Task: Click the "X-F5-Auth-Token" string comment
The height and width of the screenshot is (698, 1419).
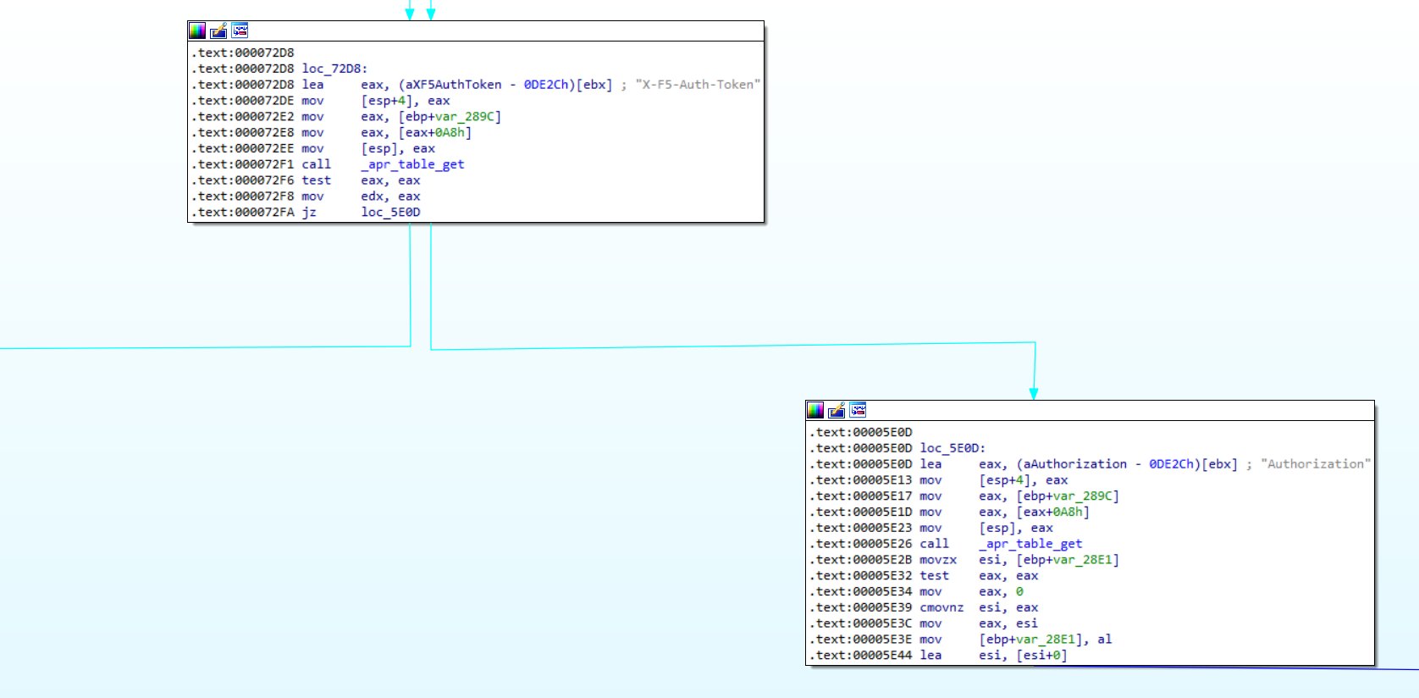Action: [698, 85]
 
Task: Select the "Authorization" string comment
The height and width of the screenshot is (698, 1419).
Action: [1315, 464]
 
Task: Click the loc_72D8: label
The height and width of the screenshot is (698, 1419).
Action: [334, 69]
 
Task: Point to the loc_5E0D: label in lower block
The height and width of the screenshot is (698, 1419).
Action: [952, 448]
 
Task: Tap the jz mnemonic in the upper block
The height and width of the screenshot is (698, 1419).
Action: [309, 213]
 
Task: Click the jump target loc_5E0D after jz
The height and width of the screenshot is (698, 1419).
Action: [390, 213]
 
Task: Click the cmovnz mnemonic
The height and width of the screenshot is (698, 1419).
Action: [941, 607]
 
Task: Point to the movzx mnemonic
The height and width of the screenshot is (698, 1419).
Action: [938, 560]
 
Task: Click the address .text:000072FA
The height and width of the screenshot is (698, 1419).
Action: [243, 213]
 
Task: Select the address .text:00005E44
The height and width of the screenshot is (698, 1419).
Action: [861, 656]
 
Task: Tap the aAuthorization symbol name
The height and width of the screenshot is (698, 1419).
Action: [1074, 464]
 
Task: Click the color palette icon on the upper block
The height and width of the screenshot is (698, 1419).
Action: [197, 31]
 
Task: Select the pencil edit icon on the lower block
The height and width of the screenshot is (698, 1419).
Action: [836, 411]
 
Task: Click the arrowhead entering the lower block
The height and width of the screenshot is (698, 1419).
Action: [1034, 394]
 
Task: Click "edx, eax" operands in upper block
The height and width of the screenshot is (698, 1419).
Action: [390, 197]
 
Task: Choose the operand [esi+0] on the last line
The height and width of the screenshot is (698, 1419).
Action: [1041, 656]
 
